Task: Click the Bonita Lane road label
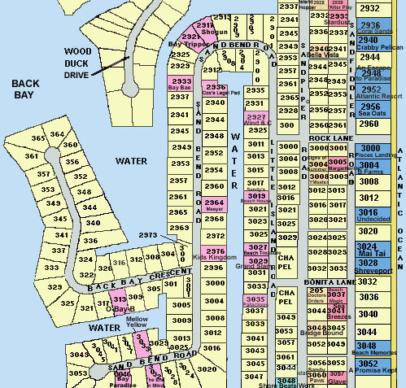(332, 281)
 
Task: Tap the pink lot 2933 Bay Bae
(181, 84)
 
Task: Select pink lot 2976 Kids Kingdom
(214, 255)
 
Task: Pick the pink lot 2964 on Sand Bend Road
(214, 205)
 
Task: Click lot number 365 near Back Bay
(37, 139)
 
